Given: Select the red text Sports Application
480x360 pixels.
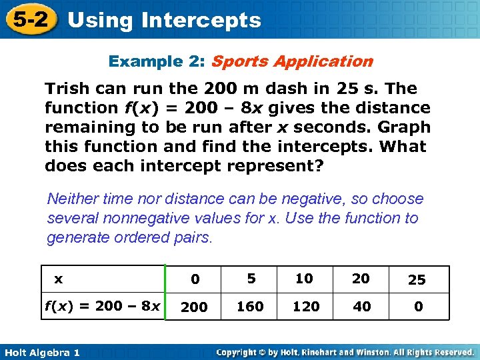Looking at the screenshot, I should [291, 61].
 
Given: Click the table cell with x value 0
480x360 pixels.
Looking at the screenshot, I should [195, 279].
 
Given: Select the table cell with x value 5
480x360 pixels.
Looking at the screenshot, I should [251, 279].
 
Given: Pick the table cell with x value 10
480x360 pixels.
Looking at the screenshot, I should [304, 279].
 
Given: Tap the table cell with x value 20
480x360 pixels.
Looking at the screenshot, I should [361, 279].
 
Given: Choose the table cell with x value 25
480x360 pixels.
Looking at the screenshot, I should [417, 279].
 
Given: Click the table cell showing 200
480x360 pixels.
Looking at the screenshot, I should [195, 307].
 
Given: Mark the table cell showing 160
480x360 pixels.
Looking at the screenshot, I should [251, 307].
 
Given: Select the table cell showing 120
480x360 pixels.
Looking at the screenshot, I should [304, 307].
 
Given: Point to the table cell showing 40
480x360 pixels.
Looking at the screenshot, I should [361, 307].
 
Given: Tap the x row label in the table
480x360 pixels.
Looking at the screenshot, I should [59, 279].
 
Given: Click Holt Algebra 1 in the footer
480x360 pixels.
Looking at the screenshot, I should [41, 352].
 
